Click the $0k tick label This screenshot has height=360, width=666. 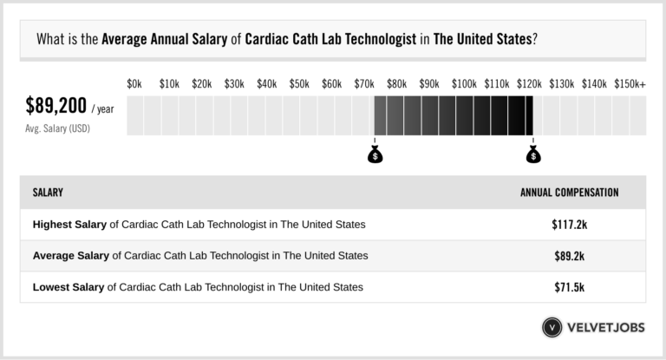134,83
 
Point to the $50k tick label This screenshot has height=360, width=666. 299,83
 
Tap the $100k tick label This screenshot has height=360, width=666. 464,83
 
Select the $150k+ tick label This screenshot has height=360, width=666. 630,83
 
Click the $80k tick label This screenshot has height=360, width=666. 397,83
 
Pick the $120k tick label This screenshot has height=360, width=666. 529,83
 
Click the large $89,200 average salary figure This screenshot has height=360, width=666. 56,107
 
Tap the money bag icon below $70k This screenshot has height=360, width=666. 375,154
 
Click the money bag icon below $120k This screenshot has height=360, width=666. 533,154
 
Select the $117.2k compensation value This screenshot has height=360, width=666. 569,224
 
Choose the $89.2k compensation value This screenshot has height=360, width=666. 569,255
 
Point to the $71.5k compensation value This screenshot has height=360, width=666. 569,286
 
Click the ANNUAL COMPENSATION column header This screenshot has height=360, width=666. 569,192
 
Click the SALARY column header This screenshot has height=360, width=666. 48,192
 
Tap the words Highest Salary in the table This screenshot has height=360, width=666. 70,224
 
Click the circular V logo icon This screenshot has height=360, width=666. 552,327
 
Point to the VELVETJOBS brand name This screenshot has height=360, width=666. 606,327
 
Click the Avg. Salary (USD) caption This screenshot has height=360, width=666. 58,128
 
